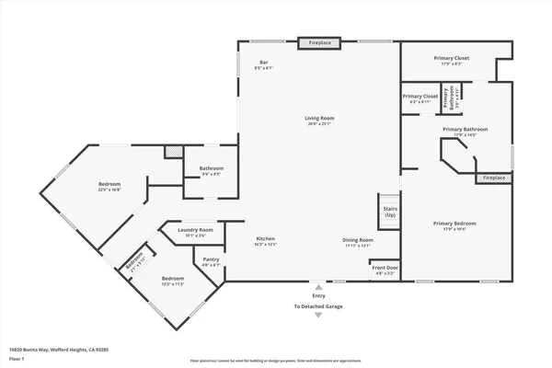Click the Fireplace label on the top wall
click(x=319, y=42)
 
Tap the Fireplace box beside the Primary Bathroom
click(x=494, y=177)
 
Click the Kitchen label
click(x=265, y=241)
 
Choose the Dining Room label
click(x=357, y=241)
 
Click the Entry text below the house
click(x=318, y=295)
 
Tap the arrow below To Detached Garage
click(x=318, y=316)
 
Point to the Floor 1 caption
click(x=17, y=359)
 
